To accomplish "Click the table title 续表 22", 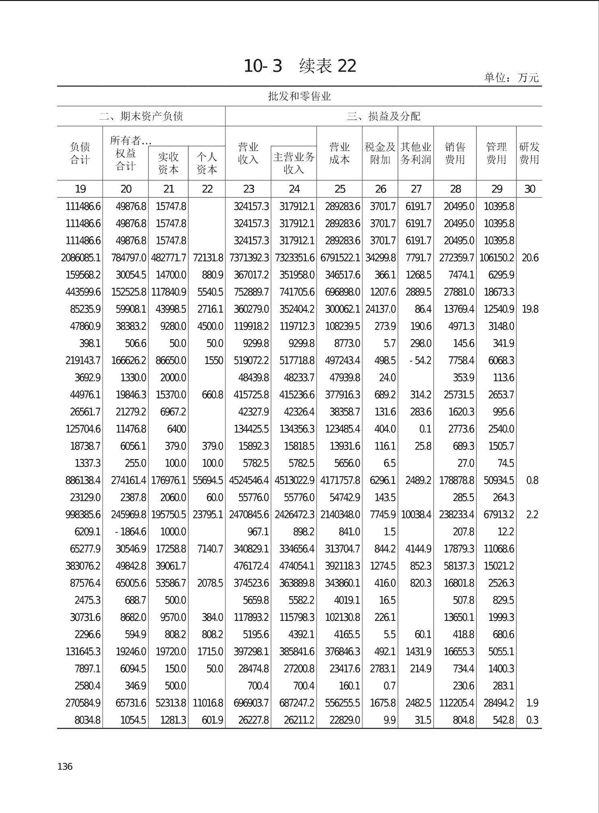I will pyautogui.click(x=300, y=66).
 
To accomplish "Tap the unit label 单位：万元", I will pyautogui.click(x=511, y=77).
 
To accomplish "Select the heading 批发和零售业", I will pyautogui.click(x=299, y=96).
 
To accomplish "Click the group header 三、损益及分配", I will pyautogui.click(x=383, y=116).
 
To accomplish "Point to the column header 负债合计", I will pyautogui.click(x=80, y=153).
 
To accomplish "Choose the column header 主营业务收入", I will pyautogui.click(x=293, y=163).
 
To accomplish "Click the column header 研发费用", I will pyautogui.click(x=529, y=153).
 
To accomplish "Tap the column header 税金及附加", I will pyautogui.click(x=380, y=153).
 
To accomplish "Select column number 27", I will pyautogui.click(x=416, y=189).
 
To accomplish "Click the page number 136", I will pyautogui.click(x=65, y=766).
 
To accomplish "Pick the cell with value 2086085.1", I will pyautogui.click(x=81, y=258).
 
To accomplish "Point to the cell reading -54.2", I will pyautogui.click(x=420, y=360).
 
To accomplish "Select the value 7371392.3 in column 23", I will pyautogui.click(x=249, y=258).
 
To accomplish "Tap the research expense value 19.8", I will pyautogui.click(x=530, y=309).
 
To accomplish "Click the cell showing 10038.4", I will pyautogui.click(x=416, y=515).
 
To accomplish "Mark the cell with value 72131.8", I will pyautogui.click(x=208, y=258).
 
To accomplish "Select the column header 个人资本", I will pyautogui.click(x=207, y=163).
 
